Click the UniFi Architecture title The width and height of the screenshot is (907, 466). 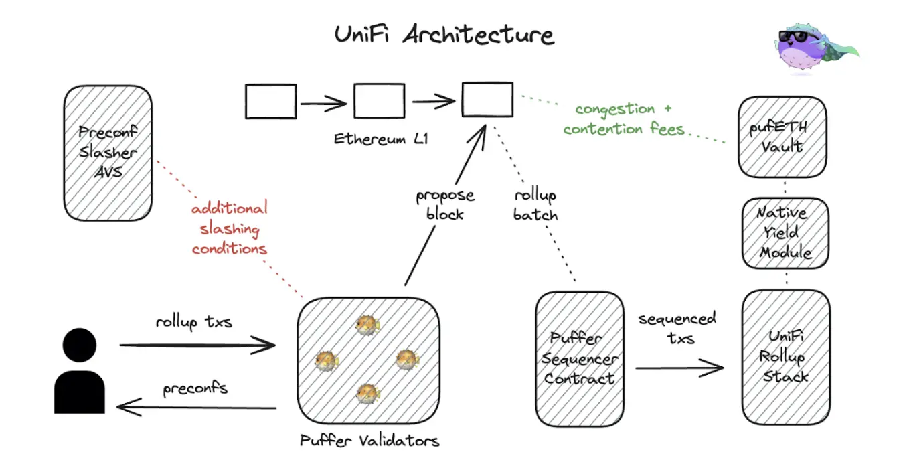[x=444, y=34]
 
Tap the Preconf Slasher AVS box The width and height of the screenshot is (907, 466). [x=108, y=153]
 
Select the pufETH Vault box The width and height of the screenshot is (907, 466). [x=782, y=137]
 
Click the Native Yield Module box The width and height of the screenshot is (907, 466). [x=786, y=233]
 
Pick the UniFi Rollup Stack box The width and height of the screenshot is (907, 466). [x=786, y=357]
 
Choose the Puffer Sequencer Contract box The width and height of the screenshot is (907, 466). [x=580, y=359]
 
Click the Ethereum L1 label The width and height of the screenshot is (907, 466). [x=381, y=139]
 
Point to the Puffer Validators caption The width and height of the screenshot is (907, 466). [x=369, y=441]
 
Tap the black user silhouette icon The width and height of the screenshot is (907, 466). [x=80, y=371]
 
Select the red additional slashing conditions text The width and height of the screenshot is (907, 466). [x=230, y=228]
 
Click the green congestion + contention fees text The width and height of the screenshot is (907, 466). [x=624, y=119]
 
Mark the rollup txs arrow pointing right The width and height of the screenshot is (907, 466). [x=197, y=345]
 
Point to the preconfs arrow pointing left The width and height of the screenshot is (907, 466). [x=196, y=407]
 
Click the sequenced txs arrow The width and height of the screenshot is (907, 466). [x=679, y=368]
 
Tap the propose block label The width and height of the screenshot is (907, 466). [x=445, y=205]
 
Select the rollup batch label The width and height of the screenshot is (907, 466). [x=535, y=205]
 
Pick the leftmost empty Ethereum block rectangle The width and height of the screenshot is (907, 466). [x=271, y=101]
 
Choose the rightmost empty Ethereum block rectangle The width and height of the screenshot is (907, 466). [x=487, y=100]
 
